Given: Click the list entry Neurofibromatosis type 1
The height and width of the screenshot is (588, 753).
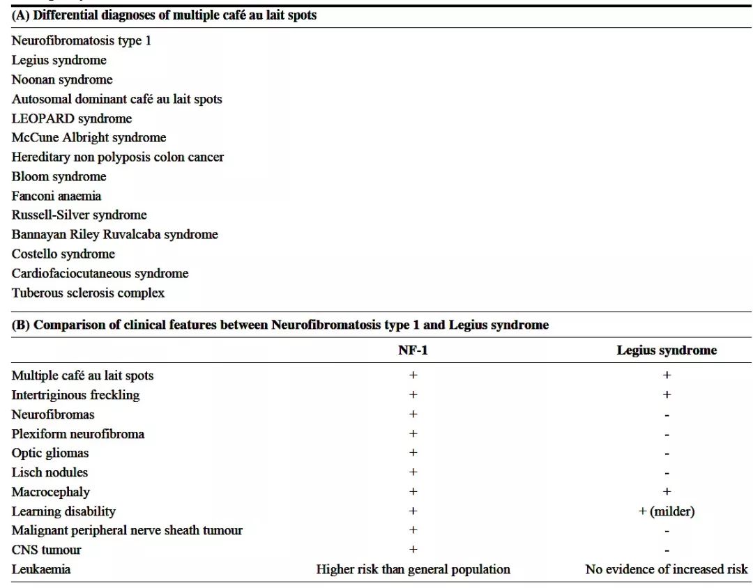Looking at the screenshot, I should pos(81,40).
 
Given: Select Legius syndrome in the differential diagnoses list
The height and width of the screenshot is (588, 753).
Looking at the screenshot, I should pos(59,60).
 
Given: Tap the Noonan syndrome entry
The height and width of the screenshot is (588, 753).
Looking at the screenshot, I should pos(61,79).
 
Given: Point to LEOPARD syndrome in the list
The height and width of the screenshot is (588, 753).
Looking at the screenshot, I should pos(71,118).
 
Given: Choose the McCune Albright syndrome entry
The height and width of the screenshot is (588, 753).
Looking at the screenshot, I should pos(89,137).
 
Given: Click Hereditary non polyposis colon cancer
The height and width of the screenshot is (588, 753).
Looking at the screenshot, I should pos(117,157).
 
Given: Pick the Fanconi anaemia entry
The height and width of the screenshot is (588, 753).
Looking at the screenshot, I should pos(56,196).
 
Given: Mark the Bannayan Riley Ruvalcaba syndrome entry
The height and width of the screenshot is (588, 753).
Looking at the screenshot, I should pos(114,234).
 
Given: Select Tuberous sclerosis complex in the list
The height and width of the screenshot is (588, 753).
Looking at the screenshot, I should pos(88,293).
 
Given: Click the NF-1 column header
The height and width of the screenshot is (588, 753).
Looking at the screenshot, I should pos(413,350).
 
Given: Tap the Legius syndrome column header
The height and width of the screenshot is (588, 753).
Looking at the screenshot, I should pos(666,350).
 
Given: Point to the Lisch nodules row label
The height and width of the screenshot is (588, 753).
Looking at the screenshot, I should pos(50,472).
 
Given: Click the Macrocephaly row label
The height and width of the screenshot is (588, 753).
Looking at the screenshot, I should pos(50,492).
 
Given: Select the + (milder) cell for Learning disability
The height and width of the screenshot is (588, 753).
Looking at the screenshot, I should pos(666,511).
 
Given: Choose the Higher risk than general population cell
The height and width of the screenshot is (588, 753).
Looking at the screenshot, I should pos(413,569).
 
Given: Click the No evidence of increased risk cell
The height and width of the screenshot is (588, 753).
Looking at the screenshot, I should pos(666,569).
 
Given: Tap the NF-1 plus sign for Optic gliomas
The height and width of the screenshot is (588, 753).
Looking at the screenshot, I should pos(413,453).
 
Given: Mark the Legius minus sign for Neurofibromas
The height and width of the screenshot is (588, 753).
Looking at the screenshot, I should pos(667,415).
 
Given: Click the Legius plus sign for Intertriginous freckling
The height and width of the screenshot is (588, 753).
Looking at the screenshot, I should pos(667,394).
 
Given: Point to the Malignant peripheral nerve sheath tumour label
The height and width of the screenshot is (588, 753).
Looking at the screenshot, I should pos(127,530).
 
